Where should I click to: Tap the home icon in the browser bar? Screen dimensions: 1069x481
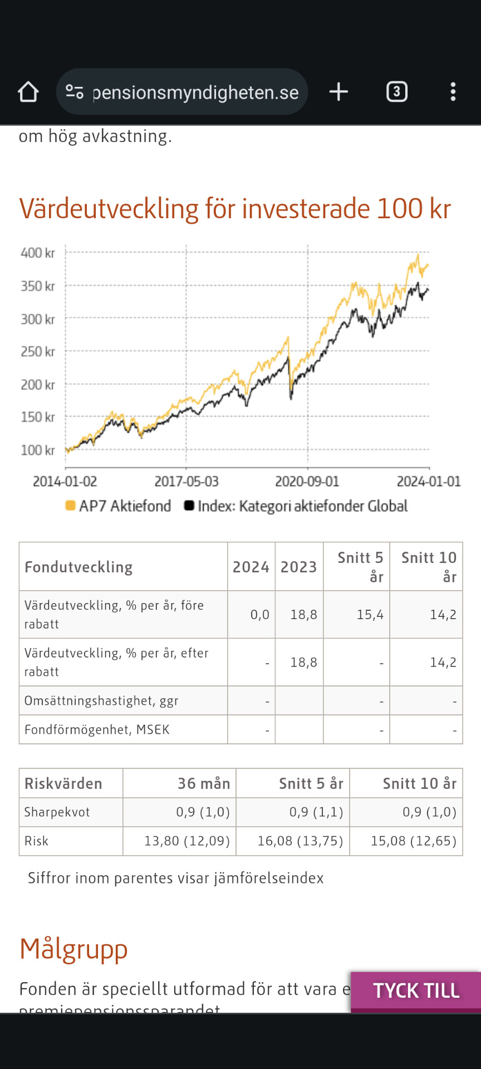[x=28, y=92]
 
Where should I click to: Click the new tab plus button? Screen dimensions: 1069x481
[x=338, y=92]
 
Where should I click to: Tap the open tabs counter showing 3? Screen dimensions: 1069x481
[x=397, y=92]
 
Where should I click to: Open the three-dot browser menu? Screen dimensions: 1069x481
[x=453, y=92]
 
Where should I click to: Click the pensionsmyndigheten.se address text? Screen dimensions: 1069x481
[x=195, y=92]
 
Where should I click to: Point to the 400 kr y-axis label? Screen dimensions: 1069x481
[x=38, y=253]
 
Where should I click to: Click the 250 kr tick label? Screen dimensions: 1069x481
[x=38, y=352]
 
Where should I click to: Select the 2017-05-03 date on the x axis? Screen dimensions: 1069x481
[x=186, y=482]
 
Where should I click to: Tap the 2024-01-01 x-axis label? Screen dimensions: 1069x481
[x=429, y=482]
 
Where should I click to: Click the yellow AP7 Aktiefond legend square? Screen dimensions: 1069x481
[x=70, y=506]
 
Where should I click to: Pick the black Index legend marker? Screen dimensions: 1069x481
[x=189, y=506]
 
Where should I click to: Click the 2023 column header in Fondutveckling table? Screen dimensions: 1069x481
[x=299, y=567]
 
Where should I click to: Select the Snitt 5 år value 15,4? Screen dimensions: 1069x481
[x=370, y=615]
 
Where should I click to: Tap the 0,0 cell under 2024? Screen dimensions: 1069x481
[x=259, y=615]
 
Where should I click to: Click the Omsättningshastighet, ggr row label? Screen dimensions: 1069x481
[x=101, y=701]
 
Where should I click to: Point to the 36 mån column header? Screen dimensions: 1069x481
[x=204, y=784]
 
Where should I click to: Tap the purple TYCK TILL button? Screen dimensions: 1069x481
[x=416, y=990]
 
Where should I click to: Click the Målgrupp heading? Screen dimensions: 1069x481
[x=73, y=949]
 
